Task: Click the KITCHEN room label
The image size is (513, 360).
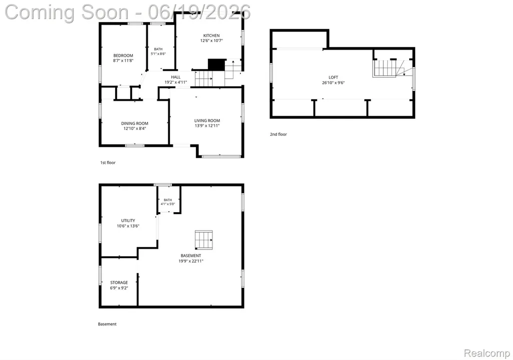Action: pyautogui.click(x=211, y=36)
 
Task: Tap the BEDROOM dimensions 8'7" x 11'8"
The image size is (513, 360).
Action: pyautogui.click(x=123, y=61)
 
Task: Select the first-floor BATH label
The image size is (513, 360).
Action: pyautogui.click(x=158, y=49)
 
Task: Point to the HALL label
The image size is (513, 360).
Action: pyautogui.click(x=176, y=77)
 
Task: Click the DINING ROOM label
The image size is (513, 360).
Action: pyautogui.click(x=135, y=123)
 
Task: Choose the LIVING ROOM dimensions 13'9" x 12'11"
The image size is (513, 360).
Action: pyautogui.click(x=207, y=125)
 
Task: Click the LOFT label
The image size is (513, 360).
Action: pyautogui.click(x=333, y=77)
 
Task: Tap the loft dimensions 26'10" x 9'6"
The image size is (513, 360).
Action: pyautogui.click(x=333, y=83)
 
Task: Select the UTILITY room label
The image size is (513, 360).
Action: pyautogui.click(x=128, y=221)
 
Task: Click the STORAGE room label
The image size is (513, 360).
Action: pyautogui.click(x=119, y=282)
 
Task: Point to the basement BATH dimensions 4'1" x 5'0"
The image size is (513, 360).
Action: pyautogui.click(x=168, y=204)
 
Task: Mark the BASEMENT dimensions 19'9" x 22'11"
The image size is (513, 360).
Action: pyautogui.click(x=191, y=261)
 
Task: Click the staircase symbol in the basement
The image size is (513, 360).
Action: pyautogui.click(x=204, y=240)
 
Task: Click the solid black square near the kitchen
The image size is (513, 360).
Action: pyautogui.click(x=216, y=65)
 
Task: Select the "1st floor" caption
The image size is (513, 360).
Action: pyautogui.click(x=108, y=162)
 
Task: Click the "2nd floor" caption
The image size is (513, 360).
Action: pyautogui.click(x=279, y=134)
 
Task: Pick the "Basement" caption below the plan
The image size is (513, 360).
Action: pyautogui.click(x=107, y=324)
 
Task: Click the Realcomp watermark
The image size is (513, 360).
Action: pyautogui.click(x=487, y=353)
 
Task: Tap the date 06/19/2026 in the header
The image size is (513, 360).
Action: pyautogui.click(x=199, y=12)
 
